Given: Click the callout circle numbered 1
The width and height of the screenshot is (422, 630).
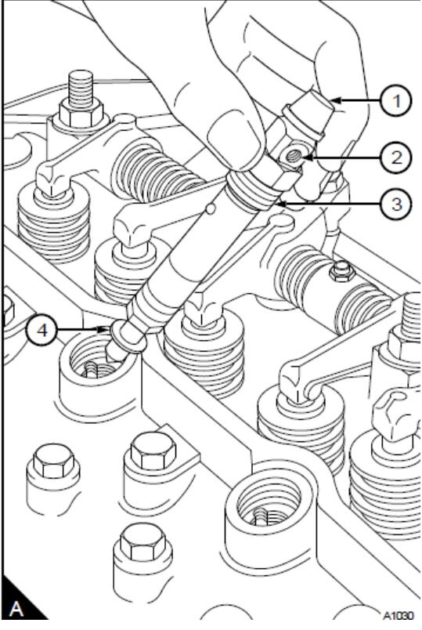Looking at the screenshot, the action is coord(397,101).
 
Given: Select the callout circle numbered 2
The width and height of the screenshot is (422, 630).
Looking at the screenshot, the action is coord(397,157).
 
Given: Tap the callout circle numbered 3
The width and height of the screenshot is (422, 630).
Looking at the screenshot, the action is coord(397,204).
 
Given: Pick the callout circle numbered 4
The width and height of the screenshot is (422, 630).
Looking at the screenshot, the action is coord(41,331).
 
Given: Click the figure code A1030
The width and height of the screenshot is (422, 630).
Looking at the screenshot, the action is coord(397,616).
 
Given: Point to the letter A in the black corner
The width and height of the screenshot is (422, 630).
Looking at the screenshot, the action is coord(16,609).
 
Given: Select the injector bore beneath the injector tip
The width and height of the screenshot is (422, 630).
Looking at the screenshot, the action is coord(96,361).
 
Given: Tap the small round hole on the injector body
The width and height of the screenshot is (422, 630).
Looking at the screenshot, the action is coord(209,208).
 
